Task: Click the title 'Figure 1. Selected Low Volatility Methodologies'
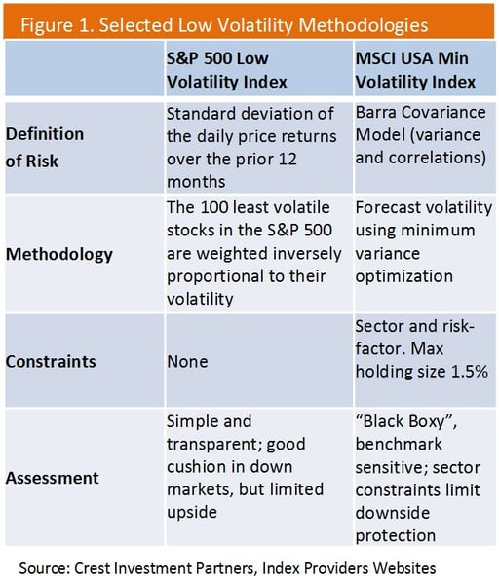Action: pyautogui.click(x=224, y=25)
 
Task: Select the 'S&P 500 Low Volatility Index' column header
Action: pyautogui.click(x=227, y=70)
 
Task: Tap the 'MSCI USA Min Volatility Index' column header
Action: pyautogui.click(x=415, y=70)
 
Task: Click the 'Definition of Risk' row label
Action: pyautogui.click(x=45, y=147)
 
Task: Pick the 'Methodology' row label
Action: pyautogui.click(x=59, y=255)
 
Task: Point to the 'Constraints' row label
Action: pyautogui.click(x=51, y=362)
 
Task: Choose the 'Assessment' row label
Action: pyautogui.click(x=53, y=478)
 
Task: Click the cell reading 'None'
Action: pyautogui.click(x=187, y=362)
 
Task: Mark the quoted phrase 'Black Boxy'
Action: pyautogui.click(x=404, y=421)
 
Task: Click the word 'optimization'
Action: pyautogui.click(x=404, y=276)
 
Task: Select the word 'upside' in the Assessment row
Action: pyautogui.click(x=192, y=513)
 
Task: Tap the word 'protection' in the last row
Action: pyautogui.click(x=396, y=536)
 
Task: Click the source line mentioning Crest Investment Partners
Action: pyautogui.click(x=227, y=568)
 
